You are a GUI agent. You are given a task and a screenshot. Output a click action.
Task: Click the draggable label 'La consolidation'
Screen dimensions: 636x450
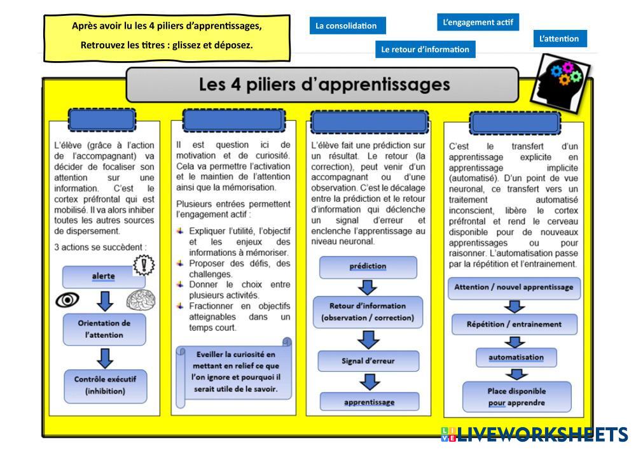click(347, 26)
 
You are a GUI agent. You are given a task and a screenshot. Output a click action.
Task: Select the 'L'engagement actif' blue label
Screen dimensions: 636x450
click(477, 22)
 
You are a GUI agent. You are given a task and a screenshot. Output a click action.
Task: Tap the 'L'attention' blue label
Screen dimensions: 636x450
click(559, 39)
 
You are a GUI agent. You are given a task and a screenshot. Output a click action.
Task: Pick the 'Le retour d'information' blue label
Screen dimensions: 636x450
click(425, 49)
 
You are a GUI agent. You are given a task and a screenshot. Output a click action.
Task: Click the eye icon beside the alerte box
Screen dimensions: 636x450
click(67, 300)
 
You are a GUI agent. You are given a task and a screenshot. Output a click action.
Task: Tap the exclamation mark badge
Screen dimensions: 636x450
click(144, 265)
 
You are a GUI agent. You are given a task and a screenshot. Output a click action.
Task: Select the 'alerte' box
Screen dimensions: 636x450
click(103, 276)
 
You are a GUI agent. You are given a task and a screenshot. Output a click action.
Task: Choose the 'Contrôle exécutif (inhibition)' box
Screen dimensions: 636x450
click(105, 385)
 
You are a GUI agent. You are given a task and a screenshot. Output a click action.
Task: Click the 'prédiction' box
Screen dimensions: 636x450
click(368, 267)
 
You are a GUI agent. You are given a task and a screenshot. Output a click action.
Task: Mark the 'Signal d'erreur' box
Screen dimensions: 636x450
click(368, 361)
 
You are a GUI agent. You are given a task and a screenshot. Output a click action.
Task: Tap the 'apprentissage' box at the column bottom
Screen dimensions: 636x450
click(369, 402)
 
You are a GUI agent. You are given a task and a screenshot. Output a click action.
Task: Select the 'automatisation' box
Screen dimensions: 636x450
click(516, 357)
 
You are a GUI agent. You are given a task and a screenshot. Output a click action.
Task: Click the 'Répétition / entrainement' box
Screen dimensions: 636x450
click(514, 324)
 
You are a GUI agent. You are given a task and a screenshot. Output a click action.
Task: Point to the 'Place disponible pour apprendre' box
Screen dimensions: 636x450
click(516, 397)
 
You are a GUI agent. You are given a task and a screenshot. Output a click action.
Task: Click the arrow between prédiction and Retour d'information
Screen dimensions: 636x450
click(368, 287)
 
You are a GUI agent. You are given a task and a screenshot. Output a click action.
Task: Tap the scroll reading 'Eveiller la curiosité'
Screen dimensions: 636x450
click(235, 372)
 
